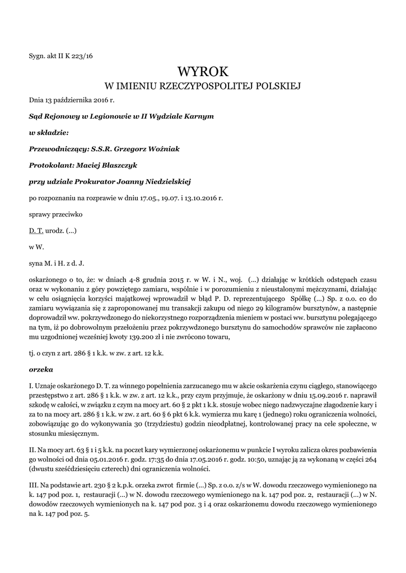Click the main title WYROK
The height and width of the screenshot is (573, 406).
203,71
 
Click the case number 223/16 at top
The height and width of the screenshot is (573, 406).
81,55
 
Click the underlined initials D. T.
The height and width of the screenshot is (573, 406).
36,231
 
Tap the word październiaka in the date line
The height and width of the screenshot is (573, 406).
73,100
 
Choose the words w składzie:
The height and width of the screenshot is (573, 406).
48,133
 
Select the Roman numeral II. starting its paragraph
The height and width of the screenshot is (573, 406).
32,449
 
